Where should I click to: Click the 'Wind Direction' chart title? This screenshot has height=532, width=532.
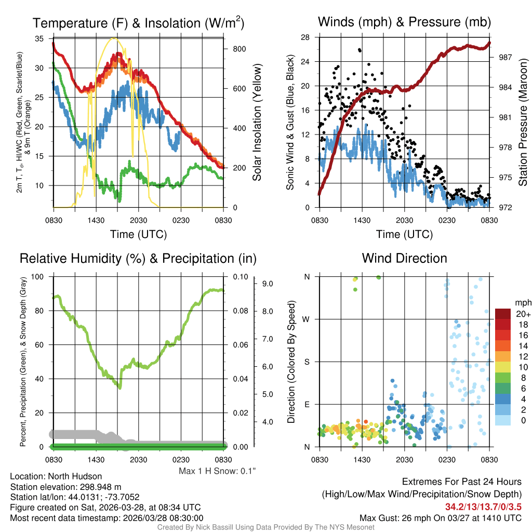pyautogui.click(x=404, y=258)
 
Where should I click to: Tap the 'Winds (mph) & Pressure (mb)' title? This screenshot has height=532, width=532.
pyautogui.click(x=404, y=22)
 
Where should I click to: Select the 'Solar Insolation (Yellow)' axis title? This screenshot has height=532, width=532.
pyautogui.click(x=257, y=123)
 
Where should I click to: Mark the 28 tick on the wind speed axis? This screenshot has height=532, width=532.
pyautogui.click(x=305, y=37)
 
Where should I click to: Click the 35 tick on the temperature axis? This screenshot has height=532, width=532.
pyautogui.click(x=39, y=39)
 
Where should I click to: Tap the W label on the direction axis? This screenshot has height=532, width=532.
pyautogui.click(x=307, y=319)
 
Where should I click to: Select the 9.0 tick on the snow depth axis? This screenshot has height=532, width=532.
pyautogui.click(x=268, y=284)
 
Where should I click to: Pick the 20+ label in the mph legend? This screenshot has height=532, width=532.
pyautogui.click(x=522, y=314)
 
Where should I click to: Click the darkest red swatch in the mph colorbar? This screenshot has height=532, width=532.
pyautogui.click(x=503, y=314)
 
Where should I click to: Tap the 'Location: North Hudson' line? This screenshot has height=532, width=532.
pyautogui.click(x=56, y=476)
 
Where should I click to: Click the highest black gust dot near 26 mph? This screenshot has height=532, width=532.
pyautogui.click(x=360, y=50)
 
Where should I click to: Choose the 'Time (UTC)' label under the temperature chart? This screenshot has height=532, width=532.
pyautogui.click(x=138, y=234)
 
